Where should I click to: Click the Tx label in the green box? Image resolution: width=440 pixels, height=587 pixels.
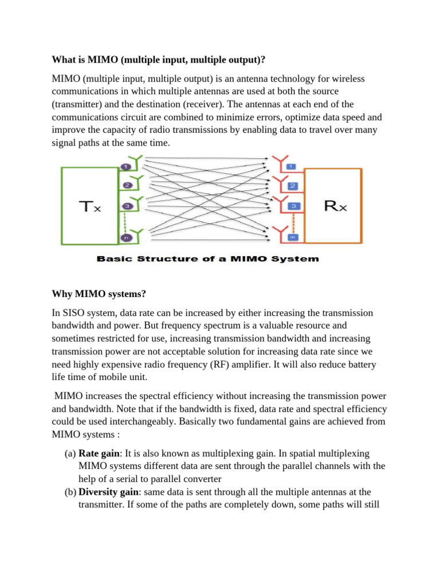pos(89,206)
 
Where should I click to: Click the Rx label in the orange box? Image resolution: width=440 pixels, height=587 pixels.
pos(335,205)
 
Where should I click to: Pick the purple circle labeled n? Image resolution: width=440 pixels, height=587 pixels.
pos(125,237)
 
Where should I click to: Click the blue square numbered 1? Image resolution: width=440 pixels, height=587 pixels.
pos(292,167)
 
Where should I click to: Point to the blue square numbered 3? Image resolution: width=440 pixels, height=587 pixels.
pos(292,206)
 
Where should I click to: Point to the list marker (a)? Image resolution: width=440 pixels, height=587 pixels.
pos(70,453)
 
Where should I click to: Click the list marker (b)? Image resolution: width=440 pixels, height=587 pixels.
pos(70,492)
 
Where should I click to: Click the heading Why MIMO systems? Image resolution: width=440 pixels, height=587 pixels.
pos(99,294)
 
